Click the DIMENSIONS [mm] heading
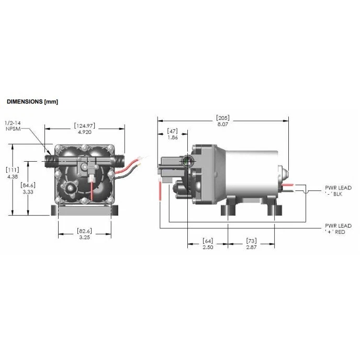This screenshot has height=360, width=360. [x=32, y=102]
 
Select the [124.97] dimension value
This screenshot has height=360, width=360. [x=84, y=126]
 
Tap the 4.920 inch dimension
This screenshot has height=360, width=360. [x=84, y=132]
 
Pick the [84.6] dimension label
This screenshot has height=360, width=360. [x=28, y=185]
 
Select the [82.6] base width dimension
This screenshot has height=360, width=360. [x=84, y=231]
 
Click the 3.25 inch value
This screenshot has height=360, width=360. [x=84, y=238]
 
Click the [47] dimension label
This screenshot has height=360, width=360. [x=173, y=130]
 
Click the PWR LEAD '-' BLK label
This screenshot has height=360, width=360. [x=337, y=190]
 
